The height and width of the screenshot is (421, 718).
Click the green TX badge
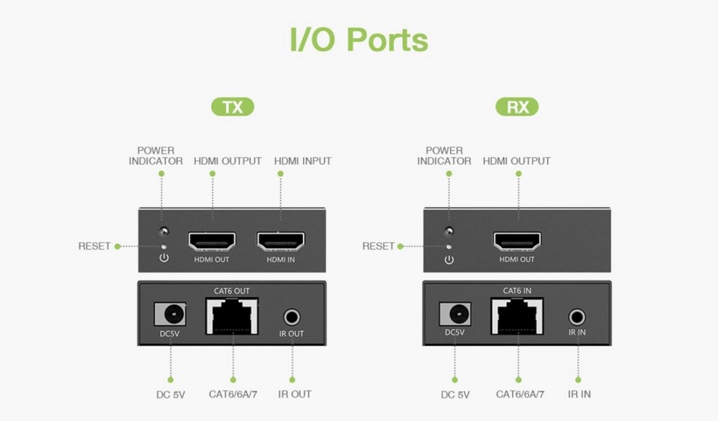(232, 108)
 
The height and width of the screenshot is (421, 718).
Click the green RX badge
(517, 108)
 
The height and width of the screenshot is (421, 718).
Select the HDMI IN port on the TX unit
(281, 241)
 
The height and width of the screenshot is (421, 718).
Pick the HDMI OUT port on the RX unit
(517, 241)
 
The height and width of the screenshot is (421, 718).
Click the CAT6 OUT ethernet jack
(232, 315)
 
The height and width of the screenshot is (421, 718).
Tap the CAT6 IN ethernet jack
(517, 315)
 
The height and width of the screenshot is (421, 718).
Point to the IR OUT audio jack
(292, 316)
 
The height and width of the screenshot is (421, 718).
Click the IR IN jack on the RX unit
(577, 316)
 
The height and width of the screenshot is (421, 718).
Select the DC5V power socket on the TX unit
(170, 314)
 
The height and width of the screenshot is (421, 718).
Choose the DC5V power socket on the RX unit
(455, 314)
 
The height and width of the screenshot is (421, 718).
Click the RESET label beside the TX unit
(95, 246)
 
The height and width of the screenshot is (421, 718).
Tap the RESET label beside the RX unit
(378, 246)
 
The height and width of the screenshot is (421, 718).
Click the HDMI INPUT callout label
(302, 162)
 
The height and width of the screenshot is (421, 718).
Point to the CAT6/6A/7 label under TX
(233, 394)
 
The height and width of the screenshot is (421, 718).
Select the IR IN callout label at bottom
(579, 394)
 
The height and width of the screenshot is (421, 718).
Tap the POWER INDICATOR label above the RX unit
(444, 156)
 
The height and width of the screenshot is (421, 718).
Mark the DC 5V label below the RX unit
(455, 394)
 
